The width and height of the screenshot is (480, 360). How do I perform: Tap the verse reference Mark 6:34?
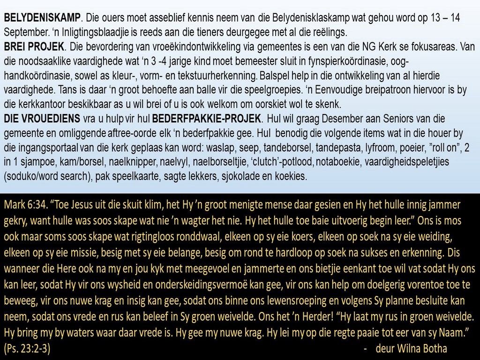pos(23,205)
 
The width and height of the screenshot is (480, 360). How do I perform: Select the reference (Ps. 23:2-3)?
pos(27,349)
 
